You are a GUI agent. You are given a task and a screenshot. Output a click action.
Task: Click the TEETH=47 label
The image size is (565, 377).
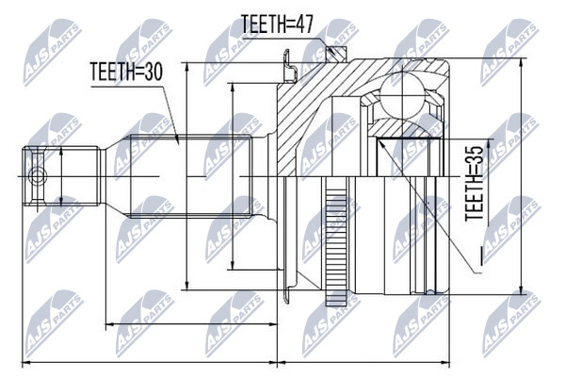[x=277, y=25]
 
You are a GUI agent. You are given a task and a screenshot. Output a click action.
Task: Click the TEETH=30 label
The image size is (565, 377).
[x=126, y=72]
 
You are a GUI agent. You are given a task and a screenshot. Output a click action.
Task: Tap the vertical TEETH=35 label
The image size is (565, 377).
[x=474, y=183]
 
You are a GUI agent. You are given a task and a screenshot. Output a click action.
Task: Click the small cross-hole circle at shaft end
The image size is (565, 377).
[x=37, y=176]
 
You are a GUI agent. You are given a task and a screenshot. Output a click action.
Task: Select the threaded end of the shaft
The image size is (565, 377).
[x=61, y=176]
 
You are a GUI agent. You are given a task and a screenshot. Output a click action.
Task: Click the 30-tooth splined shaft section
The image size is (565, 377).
[x=190, y=176]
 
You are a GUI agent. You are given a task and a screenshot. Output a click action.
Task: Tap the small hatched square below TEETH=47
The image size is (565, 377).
[x=336, y=54]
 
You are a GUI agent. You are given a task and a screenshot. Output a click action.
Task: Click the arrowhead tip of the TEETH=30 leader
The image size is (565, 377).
[x=179, y=143]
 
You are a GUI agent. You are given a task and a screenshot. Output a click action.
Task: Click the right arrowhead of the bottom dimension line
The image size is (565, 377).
[x=449, y=362]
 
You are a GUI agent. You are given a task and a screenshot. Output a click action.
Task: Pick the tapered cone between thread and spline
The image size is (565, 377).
[x=115, y=176]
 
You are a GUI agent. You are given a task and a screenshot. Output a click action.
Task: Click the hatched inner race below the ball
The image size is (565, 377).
[x=401, y=128]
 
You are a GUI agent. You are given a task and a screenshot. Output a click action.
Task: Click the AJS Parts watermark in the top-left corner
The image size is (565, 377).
[x=53, y=52]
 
